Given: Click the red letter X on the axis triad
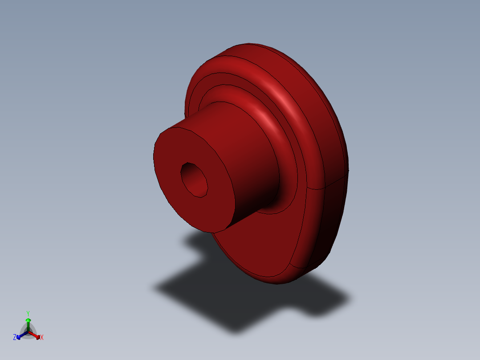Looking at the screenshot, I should click(42, 338).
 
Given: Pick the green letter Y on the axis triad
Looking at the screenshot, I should click(28, 313).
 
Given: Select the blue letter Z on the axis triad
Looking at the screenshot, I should click(15, 337).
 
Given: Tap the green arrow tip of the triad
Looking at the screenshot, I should click(28, 320).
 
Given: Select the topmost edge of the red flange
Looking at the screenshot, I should click(249, 44).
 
